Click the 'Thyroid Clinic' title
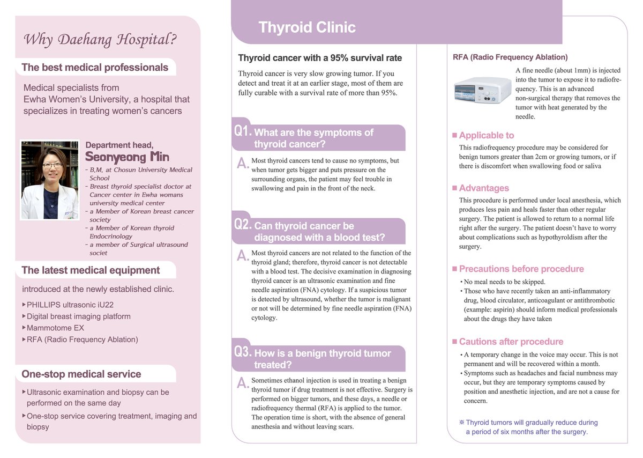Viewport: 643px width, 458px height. tap(307, 27)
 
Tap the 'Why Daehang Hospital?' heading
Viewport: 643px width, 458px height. tap(101, 39)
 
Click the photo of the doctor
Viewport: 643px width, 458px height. tap(49, 180)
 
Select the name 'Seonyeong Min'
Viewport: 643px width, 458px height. tap(127, 157)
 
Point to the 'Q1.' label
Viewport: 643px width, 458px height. tap(243, 131)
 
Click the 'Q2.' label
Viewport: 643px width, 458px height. tap(243, 224)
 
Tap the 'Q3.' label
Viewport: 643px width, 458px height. tap(243, 352)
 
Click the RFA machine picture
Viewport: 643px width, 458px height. tap(481, 91)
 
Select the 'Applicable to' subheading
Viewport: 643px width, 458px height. tap(486, 135)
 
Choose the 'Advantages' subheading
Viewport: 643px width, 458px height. tap(484, 188)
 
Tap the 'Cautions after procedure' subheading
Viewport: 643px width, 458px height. tap(511, 342)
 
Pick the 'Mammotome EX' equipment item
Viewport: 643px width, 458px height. tap(55, 328)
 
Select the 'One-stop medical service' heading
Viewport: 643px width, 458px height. tap(81, 374)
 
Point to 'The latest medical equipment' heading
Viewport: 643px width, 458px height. tap(91, 270)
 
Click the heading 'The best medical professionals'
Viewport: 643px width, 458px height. tap(95, 68)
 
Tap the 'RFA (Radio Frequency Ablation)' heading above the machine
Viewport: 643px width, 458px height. tap(510, 57)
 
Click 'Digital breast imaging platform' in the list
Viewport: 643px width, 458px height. tap(78, 316)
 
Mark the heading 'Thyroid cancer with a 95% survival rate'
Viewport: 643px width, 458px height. tap(320, 58)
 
